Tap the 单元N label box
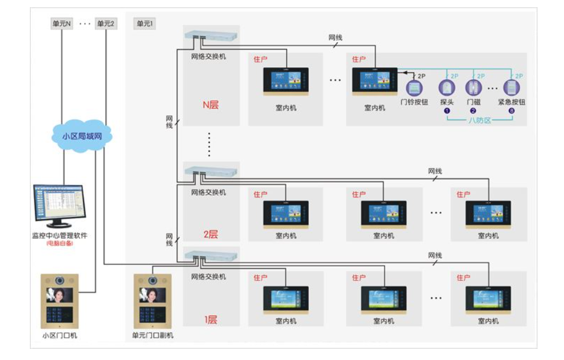click(62, 24)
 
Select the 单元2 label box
click(106, 24)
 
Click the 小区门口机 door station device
click(59, 301)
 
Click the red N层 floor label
click(210, 104)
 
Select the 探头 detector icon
click(447, 87)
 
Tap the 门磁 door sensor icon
click(473, 87)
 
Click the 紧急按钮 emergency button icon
click(511, 87)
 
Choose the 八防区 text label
click(480, 120)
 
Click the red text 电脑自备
click(59, 243)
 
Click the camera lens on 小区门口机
click(59, 280)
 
